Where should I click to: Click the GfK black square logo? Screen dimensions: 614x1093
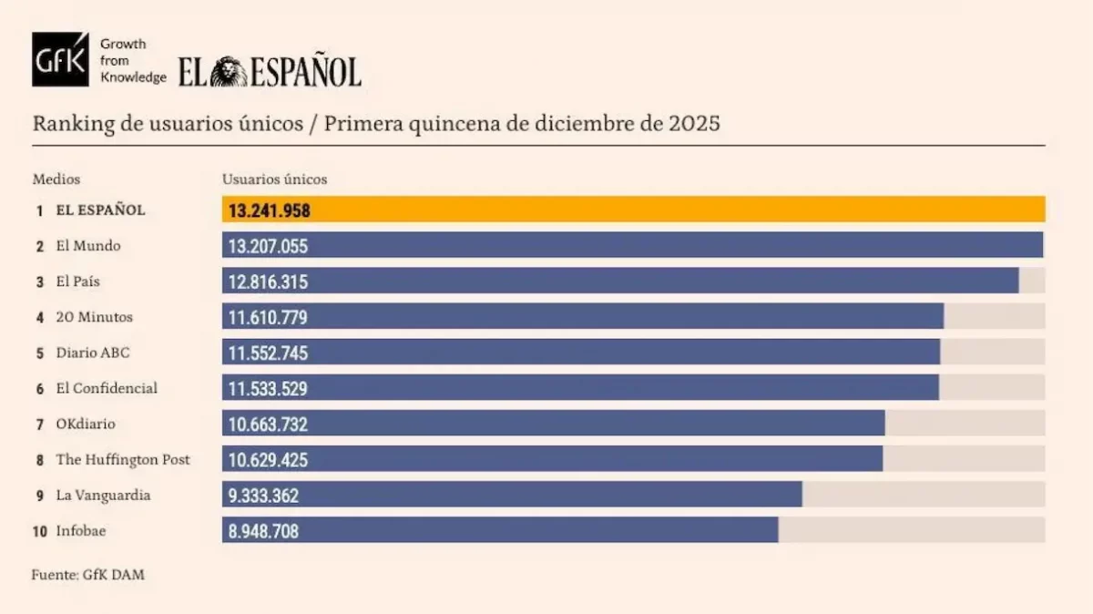[60, 60]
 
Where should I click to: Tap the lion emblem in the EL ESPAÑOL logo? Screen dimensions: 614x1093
[230, 71]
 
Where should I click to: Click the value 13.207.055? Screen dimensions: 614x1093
[268, 246]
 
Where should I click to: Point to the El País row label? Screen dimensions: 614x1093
[77, 281]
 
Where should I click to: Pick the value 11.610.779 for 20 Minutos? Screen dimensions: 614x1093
[268, 318]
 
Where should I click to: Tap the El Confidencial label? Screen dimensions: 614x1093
[106, 388]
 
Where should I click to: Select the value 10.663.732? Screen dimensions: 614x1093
[268, 425]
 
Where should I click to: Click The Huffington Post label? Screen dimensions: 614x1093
[123, 460]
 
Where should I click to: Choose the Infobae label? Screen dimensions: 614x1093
[80, 531]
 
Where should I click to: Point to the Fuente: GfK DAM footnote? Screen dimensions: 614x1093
[87, 575]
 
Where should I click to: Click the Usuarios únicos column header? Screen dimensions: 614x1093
[274, 179]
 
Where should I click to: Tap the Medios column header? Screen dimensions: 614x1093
[56, 179]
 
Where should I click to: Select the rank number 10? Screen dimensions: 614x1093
[40, 531]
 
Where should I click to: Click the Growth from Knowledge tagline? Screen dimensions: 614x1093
[132, 61]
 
